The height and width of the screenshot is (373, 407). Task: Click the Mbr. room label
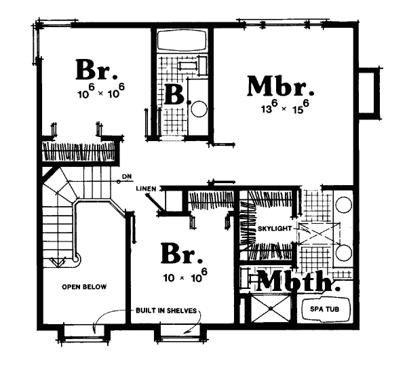click(x=281, y=86)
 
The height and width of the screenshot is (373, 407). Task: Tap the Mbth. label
click(x=298, y=281)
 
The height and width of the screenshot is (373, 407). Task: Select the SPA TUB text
click(x=324, y=309)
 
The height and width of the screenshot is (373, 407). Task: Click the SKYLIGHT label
click(x=275, y=229)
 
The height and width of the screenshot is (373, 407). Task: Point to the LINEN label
click(x=146, y=189)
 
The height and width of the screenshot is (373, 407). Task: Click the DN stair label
click(x=128, y=177)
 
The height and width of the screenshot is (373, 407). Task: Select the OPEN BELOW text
click(x=84, y=287)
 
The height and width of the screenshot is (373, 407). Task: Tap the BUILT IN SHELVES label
click(x=166, y=311)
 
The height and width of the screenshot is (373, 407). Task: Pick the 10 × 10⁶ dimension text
click(x=185, y=275)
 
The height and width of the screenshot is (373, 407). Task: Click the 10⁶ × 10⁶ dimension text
click(x=101, y=91)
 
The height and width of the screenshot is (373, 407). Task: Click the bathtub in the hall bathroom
click(x=182, y=41)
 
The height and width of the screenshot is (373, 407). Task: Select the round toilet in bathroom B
click(x=199, y=109)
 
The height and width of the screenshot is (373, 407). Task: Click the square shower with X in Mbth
click(x=271, y=309)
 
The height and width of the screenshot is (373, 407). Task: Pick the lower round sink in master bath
click(x=344, y=252)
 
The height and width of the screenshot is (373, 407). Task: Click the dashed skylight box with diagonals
click(x=319, y=233)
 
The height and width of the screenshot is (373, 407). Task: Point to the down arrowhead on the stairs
click(x=58, y=262)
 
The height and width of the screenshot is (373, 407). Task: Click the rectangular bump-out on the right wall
click(x=368, y=93)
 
